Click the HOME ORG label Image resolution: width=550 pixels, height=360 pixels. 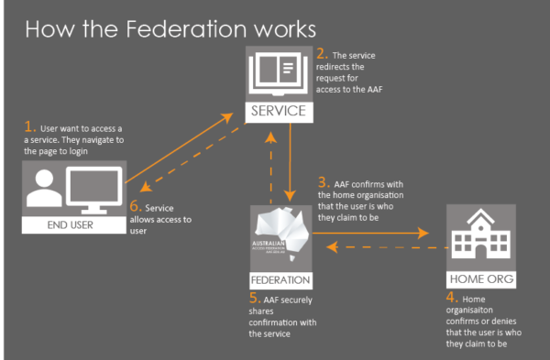[x=480, y=278]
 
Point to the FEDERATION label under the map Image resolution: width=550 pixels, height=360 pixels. [x=280, y=278]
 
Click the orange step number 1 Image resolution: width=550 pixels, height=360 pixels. [x=29, y=125]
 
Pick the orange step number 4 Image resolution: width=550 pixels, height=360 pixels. [x=450, y=299]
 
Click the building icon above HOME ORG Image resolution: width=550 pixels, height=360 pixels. [x=480, y=235]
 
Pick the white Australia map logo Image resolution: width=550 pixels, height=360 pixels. [x=281, y=234]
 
